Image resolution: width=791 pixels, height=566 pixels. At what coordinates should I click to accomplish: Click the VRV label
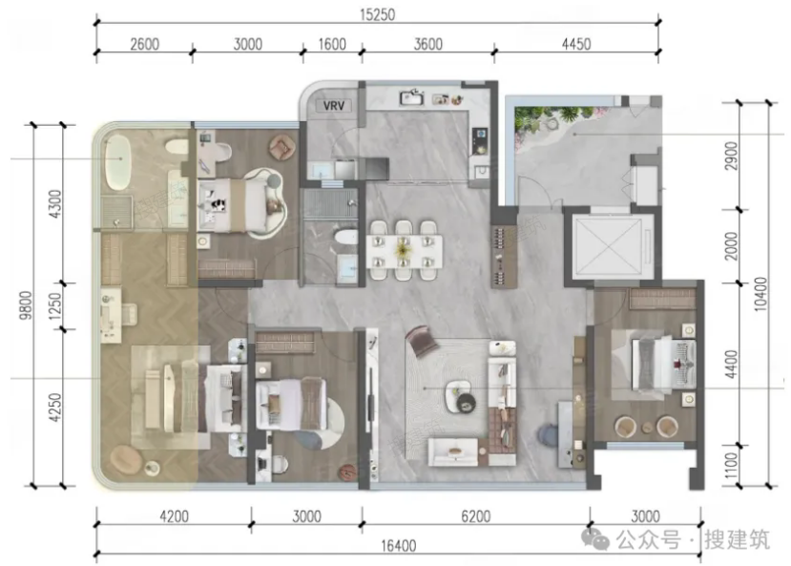coord(333,106)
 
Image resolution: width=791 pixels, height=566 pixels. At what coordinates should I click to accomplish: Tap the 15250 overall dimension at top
coord(377,14)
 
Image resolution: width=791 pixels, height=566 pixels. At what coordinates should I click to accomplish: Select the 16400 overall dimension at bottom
coord(399,546)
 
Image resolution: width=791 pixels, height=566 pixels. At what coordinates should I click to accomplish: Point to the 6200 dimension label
coord(476,516)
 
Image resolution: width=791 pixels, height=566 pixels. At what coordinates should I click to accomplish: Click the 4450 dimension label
coord(576,44)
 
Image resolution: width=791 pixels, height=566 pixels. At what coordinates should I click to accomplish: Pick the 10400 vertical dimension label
coord(760,294)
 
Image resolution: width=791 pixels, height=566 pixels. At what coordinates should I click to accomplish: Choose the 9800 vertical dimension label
coord(25,305)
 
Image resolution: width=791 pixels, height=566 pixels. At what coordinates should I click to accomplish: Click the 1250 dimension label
coord(54,306)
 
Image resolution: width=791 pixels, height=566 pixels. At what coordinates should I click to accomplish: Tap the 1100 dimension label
coord(731,466)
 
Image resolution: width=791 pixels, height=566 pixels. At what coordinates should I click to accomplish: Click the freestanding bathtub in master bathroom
coord(118,161)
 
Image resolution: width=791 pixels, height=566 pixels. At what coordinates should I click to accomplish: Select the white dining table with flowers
coord(403,250)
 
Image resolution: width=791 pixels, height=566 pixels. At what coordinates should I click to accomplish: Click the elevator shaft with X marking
coord(608,246)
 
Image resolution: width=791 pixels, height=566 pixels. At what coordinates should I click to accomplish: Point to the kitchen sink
coord(411,97)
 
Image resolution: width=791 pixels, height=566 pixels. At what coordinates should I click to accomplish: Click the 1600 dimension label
coord(332,44)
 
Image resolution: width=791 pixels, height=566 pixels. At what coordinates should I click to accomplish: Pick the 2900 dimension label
coord(731,156)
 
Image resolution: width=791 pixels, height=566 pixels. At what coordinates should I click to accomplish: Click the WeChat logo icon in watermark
coord(595,539)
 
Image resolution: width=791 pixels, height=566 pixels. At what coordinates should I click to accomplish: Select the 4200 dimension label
coord(174,516)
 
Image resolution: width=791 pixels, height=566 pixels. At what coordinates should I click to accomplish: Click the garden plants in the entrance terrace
coord(552,122)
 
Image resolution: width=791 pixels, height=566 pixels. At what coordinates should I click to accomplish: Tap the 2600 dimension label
coord(145,44)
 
